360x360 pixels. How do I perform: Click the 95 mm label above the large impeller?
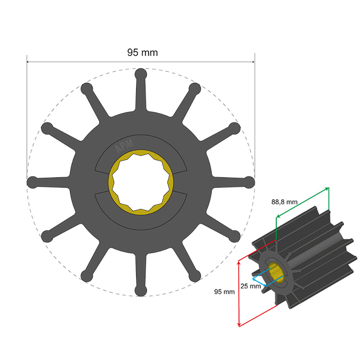pyautogui.click(x=142, y=53)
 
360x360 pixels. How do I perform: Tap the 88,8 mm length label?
pyautogui.click(x=284, y=202)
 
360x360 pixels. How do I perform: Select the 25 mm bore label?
pyautogui.click(x=250, y=287)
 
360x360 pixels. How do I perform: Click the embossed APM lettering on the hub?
pyautogui.click(x=124, y=145)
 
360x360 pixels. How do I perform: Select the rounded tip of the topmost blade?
pyautogui.click(x=141, y=73)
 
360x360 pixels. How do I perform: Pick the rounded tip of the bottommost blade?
pyautogui.click(x=141, y=291)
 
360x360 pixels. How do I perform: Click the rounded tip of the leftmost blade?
pyautogui.click(x=32, y=182)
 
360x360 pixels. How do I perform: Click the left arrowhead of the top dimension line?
pyautogui.click(x=28, y=62)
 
